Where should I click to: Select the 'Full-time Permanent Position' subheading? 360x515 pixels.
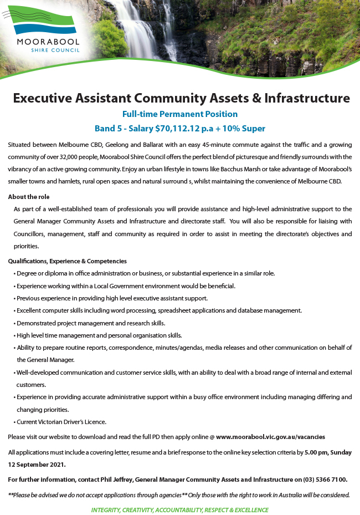[180, 114]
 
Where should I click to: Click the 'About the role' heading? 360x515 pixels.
[29, 197]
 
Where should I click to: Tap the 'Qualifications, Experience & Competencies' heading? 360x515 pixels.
[68, 261]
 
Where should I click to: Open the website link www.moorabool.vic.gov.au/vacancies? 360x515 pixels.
[270, 437]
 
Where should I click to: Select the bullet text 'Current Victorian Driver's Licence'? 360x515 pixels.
[61, 422]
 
